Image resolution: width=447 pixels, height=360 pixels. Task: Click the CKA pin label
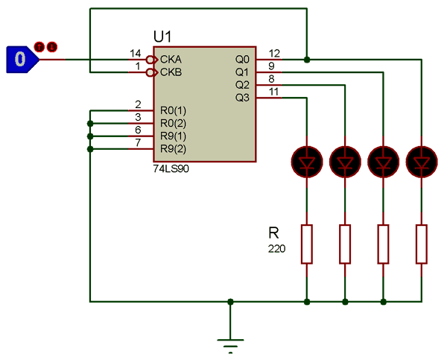coord(171,59)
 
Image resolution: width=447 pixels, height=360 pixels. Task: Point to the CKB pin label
coord(171,72)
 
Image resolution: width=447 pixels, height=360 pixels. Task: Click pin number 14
coord(135,53)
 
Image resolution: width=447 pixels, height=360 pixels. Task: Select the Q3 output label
coord(241,98)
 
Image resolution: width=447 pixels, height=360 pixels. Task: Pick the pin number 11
coord(274,92)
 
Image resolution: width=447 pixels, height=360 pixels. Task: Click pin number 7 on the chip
coord(138,142)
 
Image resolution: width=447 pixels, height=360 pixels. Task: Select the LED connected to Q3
coord(306,160)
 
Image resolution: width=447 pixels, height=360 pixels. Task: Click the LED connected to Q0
coord(422,160)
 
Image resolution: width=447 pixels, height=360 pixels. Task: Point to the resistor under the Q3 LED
coord(306,243)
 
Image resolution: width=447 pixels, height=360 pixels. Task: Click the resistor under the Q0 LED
coord(422,243)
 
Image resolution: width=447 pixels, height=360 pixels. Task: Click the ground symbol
coord(231,344)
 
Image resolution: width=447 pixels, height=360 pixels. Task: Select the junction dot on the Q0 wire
coord(306,58)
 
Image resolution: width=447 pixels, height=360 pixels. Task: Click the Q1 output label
coord(241,72)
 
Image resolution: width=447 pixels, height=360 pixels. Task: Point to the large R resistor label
coord(274,232)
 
